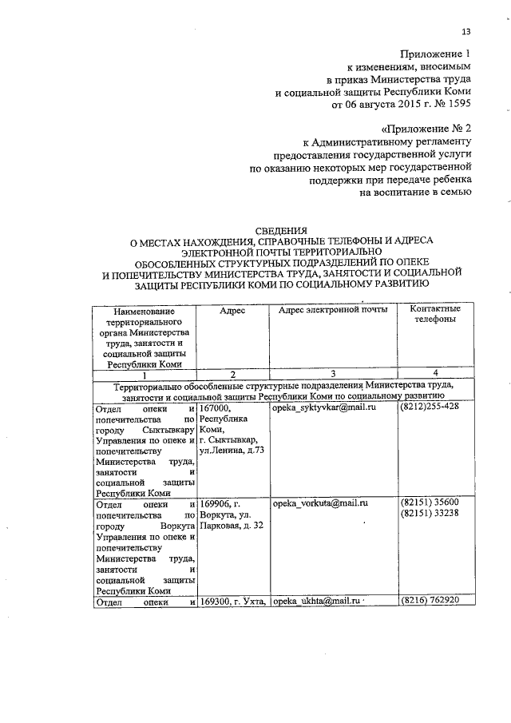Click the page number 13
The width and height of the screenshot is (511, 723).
coord(466,31)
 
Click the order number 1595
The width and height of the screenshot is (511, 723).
coord(458,104)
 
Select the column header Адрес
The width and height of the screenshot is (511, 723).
coord(232,310)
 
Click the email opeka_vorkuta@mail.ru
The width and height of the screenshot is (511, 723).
coord(319,504)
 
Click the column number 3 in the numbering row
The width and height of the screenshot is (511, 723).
coord(333,374)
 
